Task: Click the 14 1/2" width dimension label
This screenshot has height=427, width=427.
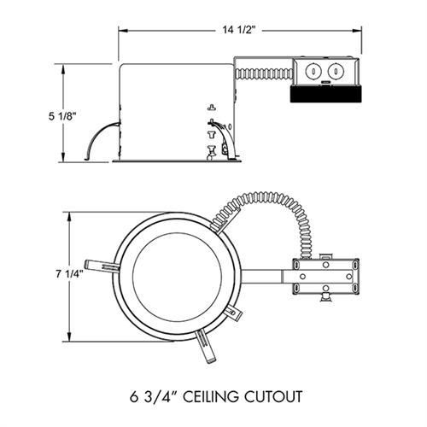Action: click(242, 29)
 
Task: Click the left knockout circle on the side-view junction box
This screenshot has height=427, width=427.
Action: click(313, 69)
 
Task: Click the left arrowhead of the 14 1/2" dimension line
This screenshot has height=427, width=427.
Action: click(120, 30)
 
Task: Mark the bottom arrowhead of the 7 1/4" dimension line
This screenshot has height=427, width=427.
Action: click(67, 335)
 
